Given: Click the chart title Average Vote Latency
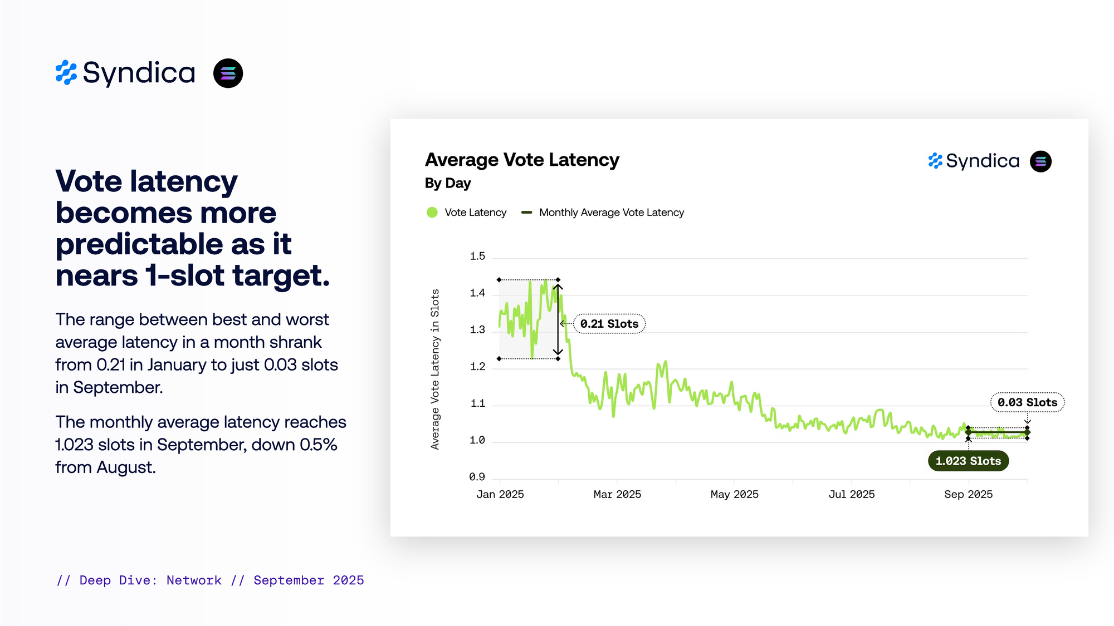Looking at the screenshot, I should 522,160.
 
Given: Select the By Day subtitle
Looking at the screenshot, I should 448,183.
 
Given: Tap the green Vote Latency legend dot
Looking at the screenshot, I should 432,213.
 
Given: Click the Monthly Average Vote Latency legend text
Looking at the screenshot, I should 611,213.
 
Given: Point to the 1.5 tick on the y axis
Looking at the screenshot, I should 477,257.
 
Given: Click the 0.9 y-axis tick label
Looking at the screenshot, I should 477,477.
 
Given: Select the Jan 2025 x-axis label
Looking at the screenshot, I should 500,494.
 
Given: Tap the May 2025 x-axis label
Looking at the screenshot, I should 734,494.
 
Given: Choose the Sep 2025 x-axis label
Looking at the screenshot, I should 968,494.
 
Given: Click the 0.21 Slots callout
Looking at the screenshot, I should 609,324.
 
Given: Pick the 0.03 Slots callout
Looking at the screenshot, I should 1027,402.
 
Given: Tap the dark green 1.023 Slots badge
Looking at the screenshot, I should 968,461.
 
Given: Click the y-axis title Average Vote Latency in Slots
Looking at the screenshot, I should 435,369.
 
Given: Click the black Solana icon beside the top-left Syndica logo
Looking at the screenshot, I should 228,73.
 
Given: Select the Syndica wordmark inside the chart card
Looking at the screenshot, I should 983,161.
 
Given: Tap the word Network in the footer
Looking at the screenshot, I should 194,580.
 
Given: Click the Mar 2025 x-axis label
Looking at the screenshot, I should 617,494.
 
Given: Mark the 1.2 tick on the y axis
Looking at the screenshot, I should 477,367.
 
